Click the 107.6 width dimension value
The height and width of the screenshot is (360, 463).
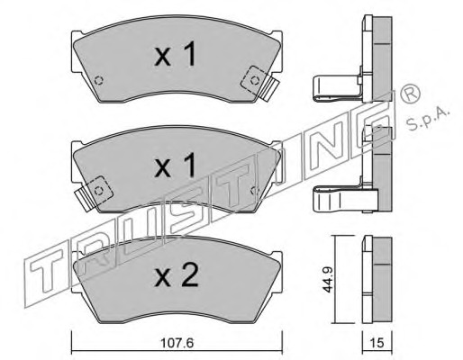click(x=177, y=343)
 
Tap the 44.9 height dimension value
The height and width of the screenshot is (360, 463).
click(x=328, y=280)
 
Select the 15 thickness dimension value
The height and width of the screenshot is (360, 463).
click(x=377, y=343)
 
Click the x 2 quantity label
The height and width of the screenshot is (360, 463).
click(x=177, y=275)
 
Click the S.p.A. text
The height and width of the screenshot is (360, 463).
click(x=429, y=119)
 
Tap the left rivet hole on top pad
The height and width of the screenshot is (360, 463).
click(x=98, y=80)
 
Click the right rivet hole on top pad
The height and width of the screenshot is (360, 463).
click(x=255, y=80)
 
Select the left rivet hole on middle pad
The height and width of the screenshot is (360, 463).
click(x=98, y=191)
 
